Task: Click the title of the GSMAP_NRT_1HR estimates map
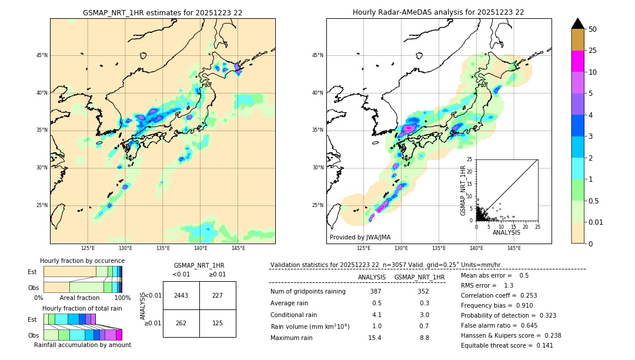click(162, 12)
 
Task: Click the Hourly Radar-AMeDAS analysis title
click(438, 12)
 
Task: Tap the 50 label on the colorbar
click(593, 29)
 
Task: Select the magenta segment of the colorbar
click(577, 61)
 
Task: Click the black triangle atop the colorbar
click(577, 24)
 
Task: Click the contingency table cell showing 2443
click(181, 295)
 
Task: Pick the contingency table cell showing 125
click(218, 323)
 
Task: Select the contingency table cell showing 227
click(218, 295)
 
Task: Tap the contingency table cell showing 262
click(181, 323)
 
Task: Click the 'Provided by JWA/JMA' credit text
click(360, 237)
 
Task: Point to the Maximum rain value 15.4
click(375, 338)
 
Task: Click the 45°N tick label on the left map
click(41, 55)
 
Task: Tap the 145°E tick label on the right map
click(514, 249)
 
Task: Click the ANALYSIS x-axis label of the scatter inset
click(506, 232)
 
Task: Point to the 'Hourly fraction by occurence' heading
click(82, 261)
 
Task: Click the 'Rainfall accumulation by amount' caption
click(82, 345)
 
